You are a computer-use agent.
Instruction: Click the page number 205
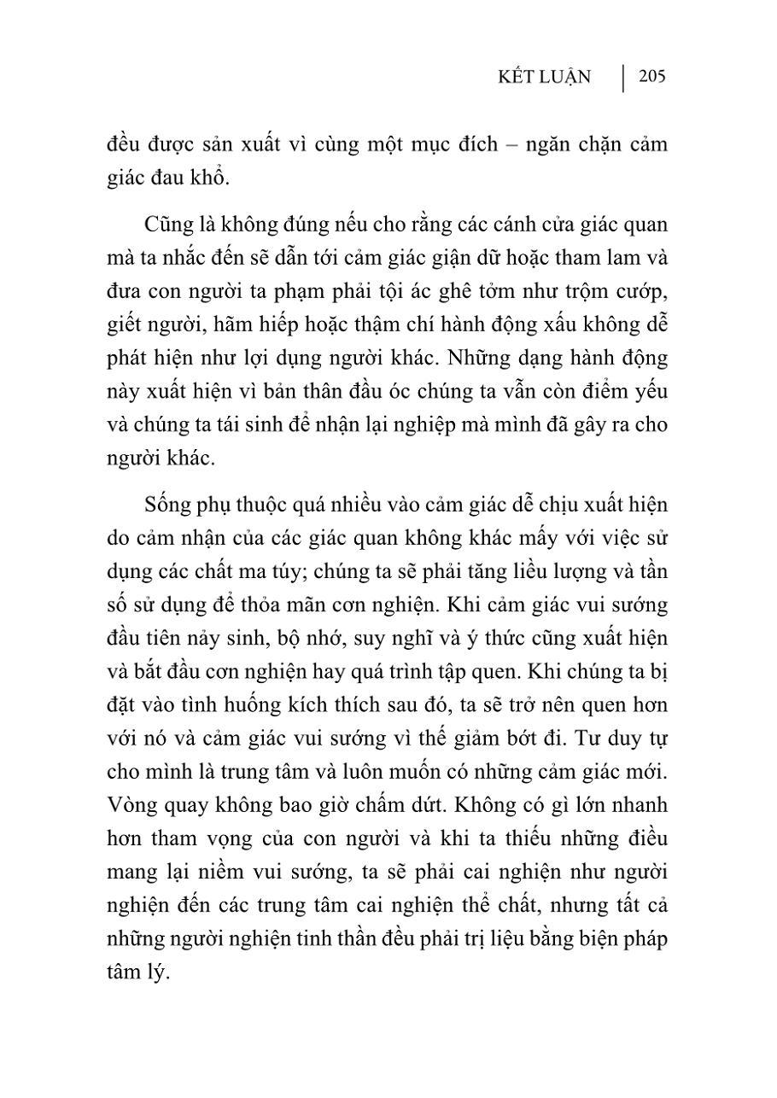[x=651, y=77]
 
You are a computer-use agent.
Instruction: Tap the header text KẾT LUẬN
[x=545, y=78]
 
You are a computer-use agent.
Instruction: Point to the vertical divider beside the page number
[x=622, y=78]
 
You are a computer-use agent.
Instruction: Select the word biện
[x=594, y=938]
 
